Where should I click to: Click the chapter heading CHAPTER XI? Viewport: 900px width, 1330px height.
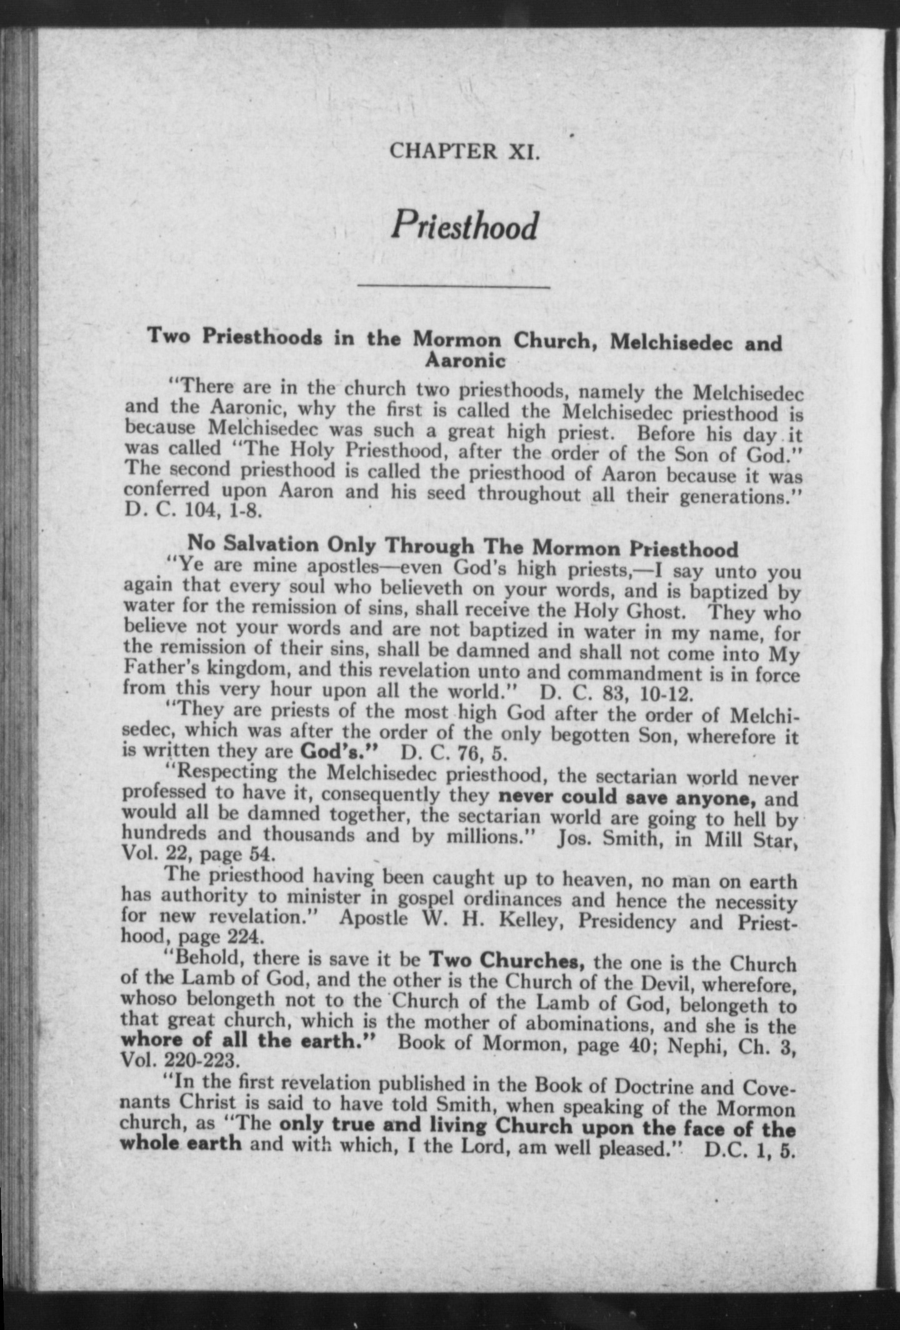point(463,152)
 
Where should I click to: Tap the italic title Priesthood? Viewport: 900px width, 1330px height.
point(464,226)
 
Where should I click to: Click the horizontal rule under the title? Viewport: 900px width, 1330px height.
point(453,287)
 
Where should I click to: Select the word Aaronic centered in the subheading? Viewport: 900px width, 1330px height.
point(465,361)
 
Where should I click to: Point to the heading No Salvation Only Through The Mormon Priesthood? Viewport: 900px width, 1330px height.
point(463,547)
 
